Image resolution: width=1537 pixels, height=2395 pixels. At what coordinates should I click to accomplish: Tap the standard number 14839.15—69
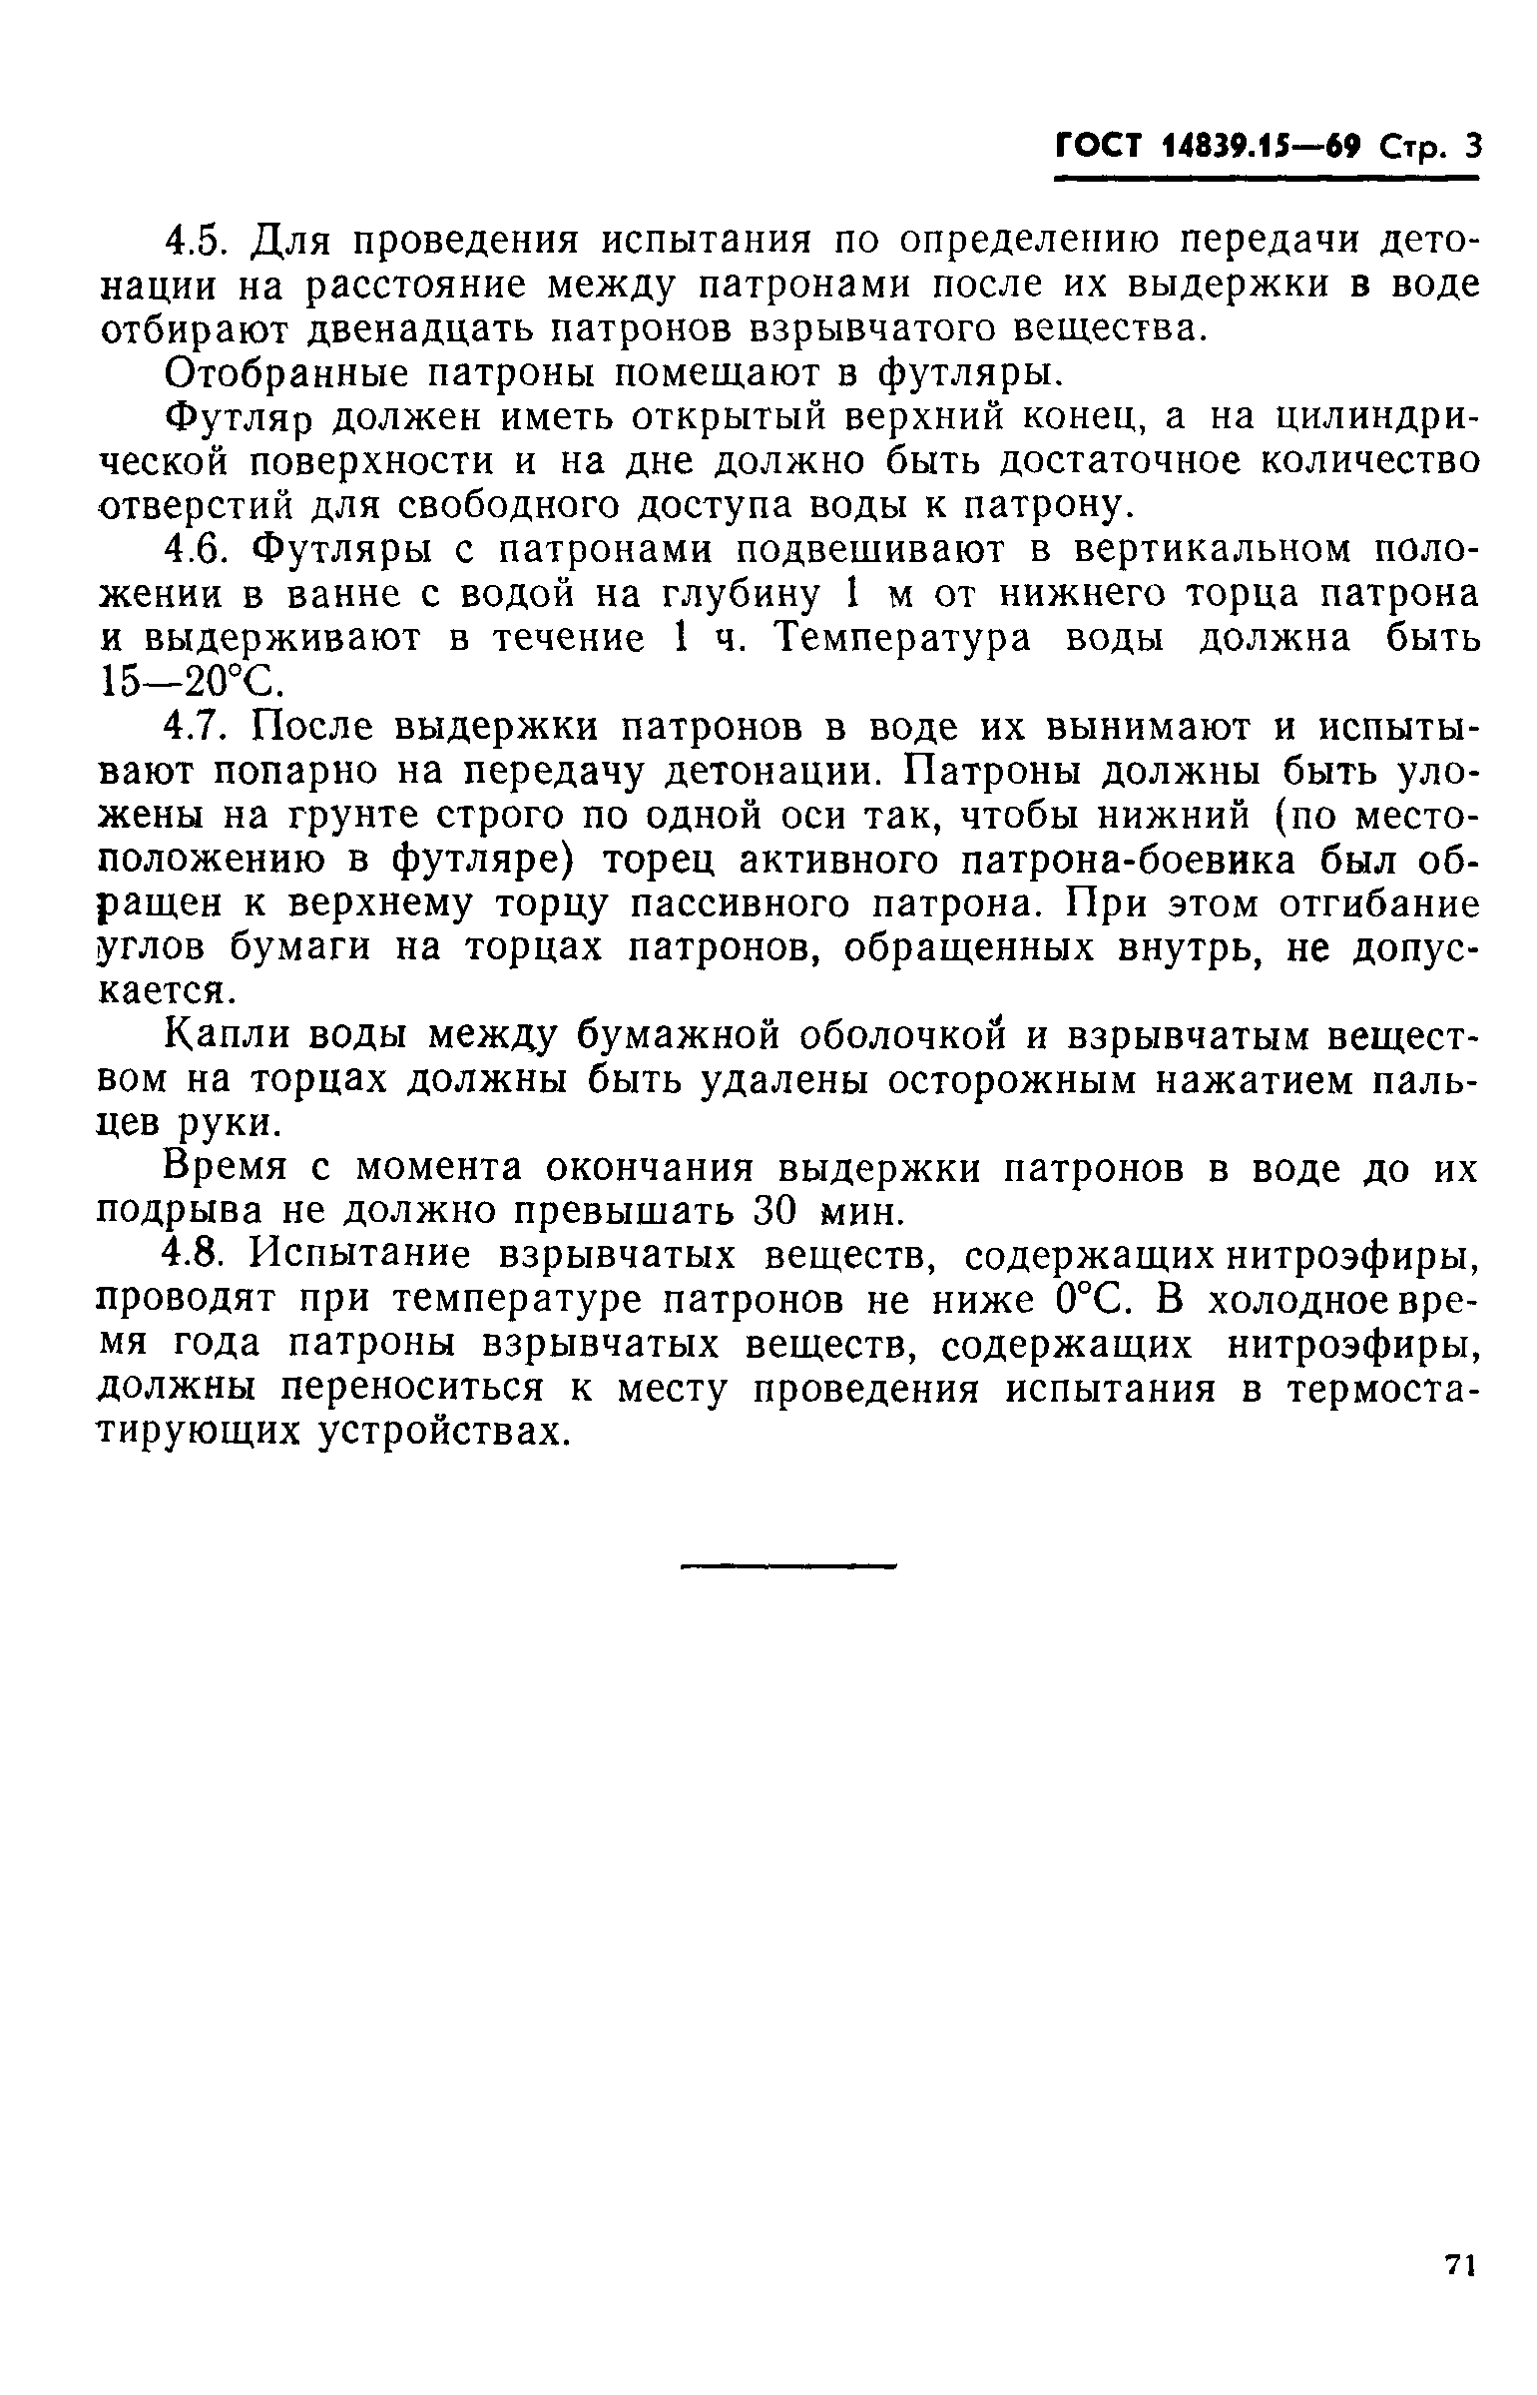pos(1263,149)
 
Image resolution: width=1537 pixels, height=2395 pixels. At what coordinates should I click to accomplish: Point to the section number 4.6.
pos(200,550)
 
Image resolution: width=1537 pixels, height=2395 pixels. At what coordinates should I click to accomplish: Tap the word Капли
pos(226,1037)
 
